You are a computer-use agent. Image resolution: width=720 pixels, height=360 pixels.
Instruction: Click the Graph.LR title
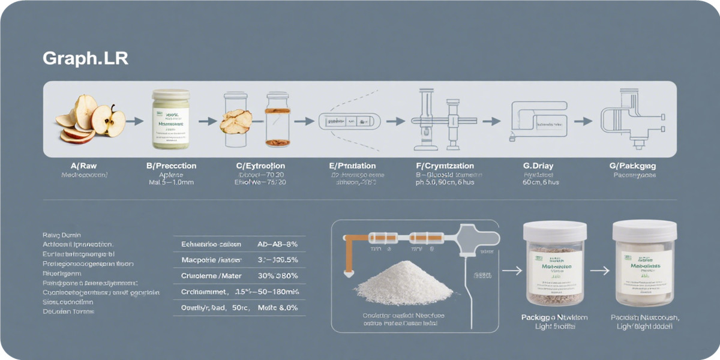coord(85,59)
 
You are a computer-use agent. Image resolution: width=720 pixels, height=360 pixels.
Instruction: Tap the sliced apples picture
coord(90,120)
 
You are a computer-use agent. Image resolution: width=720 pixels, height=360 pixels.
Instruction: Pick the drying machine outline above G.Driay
coord(538,120)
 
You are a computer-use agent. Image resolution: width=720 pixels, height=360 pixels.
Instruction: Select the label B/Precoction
coord(171,166)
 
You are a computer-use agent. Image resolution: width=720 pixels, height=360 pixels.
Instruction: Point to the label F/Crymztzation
coord(445,166)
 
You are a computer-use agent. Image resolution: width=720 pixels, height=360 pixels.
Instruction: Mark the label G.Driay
coord(538,166)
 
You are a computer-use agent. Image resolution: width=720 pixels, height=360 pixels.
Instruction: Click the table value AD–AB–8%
coord(277,244)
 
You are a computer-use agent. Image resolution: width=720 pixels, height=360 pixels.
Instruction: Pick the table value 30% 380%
coord(277,276)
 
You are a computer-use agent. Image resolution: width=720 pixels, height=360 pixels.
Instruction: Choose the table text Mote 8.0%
coord(277,307)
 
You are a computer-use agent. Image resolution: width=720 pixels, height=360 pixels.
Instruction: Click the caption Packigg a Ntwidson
coord(554,317)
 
